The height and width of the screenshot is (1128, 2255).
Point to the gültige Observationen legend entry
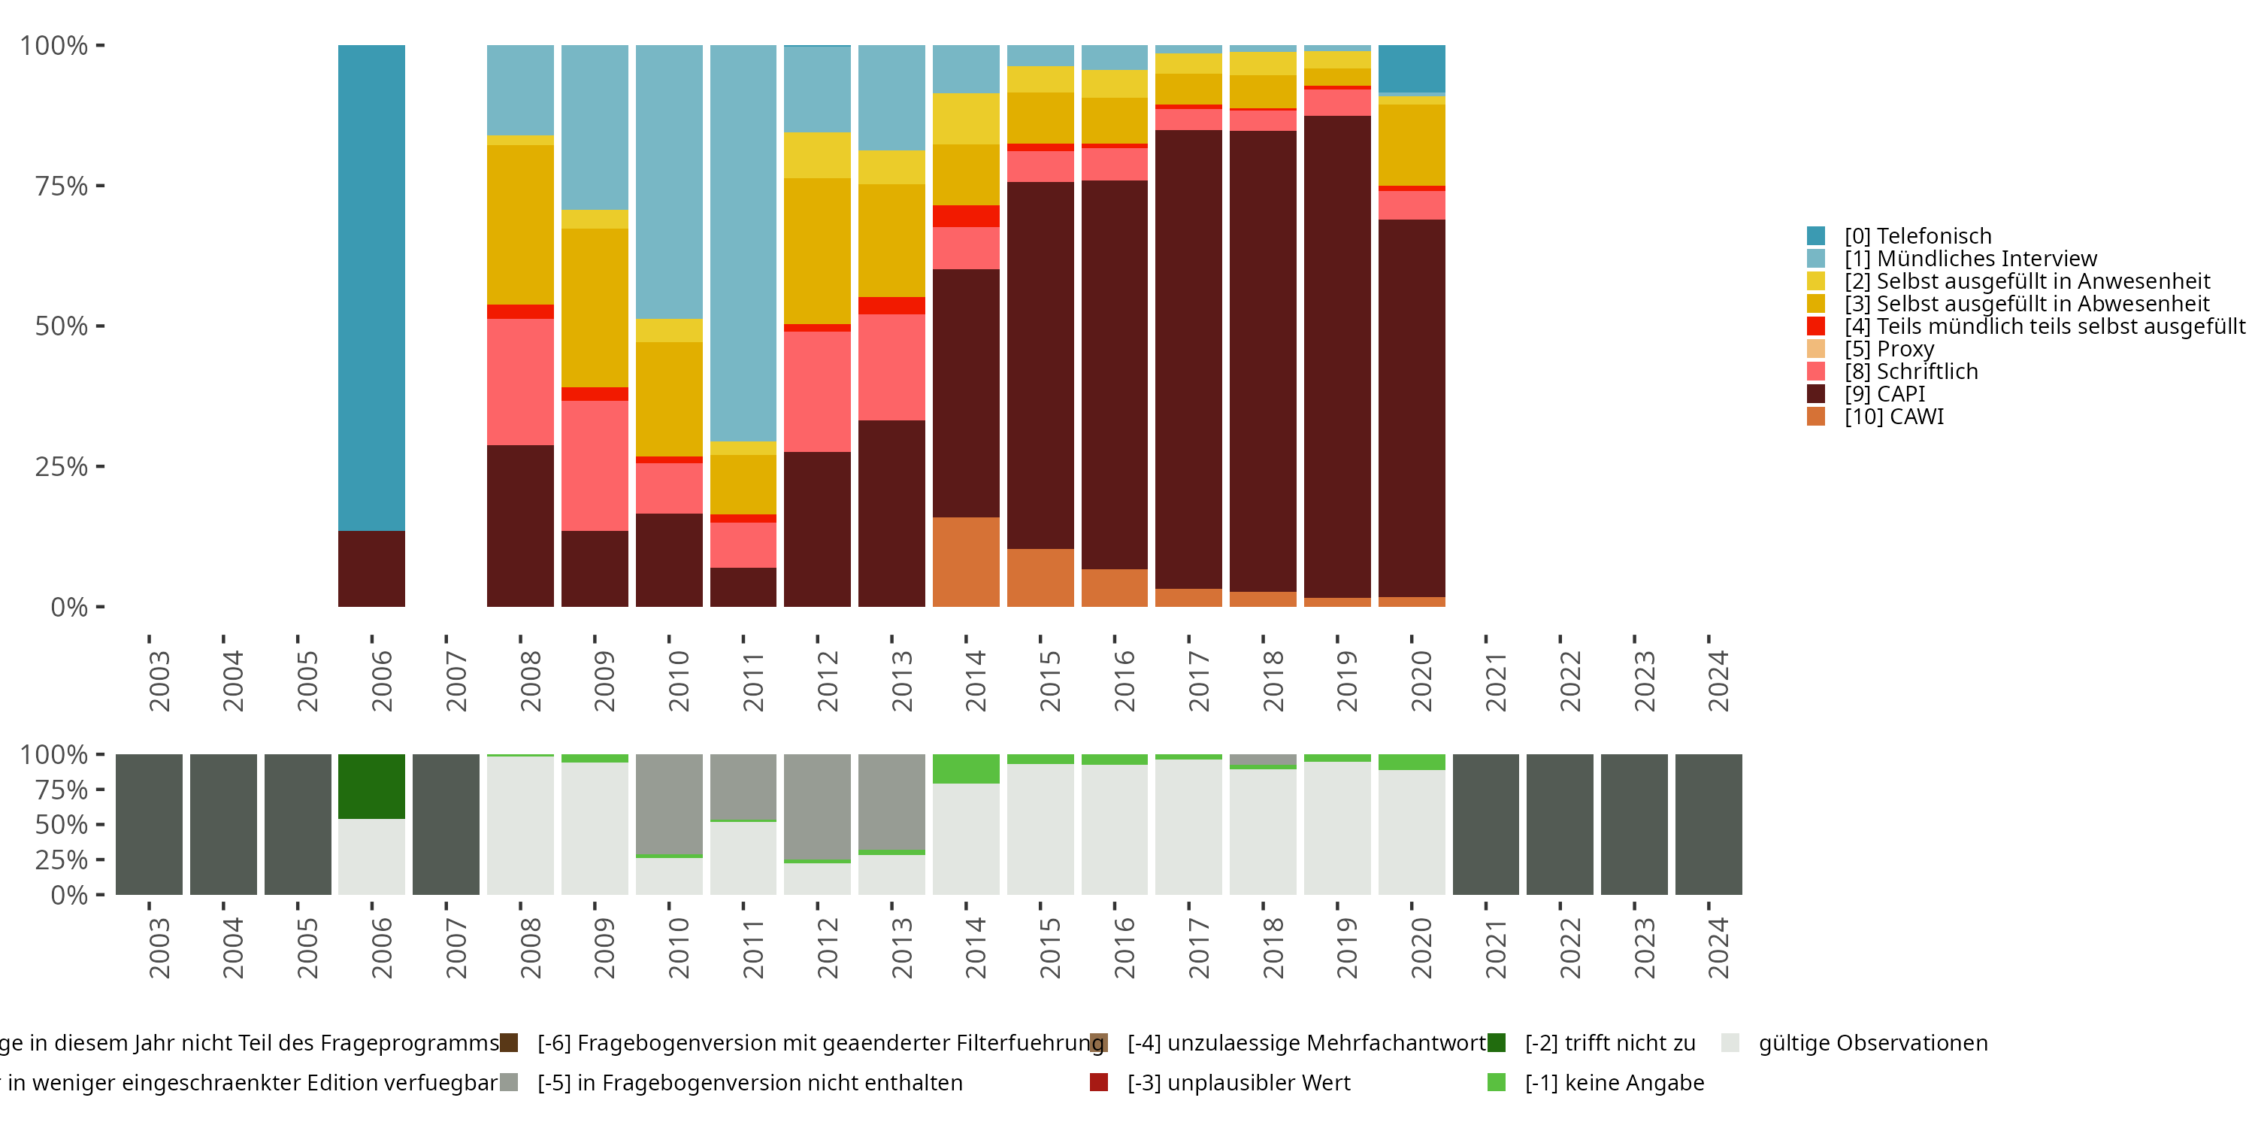pos(1872,1043)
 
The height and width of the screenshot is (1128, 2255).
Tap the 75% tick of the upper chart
pos(62,186)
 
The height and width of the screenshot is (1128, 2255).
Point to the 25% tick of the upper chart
pos(62,467)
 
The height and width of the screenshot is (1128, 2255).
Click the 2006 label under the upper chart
pos(382,681)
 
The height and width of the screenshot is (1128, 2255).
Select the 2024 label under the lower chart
pos(1718,948)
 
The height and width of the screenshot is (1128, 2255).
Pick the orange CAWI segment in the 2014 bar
pos(966,562)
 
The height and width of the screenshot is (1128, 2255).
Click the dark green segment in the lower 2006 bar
pos(371,787)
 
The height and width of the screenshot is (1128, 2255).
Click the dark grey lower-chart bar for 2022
pos(1559,824)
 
